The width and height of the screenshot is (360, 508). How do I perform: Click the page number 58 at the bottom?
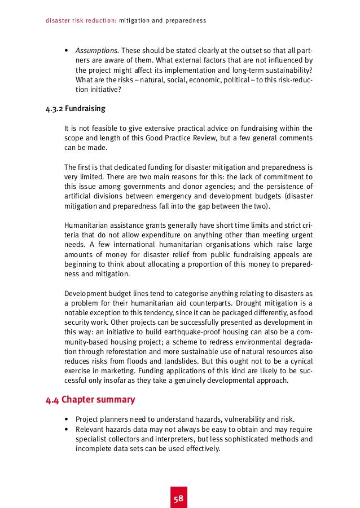tap(179, 499)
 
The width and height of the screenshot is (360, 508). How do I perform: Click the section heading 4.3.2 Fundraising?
tap(75, 108)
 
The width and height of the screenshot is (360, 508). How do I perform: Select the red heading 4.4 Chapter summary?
tap(90, 400)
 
